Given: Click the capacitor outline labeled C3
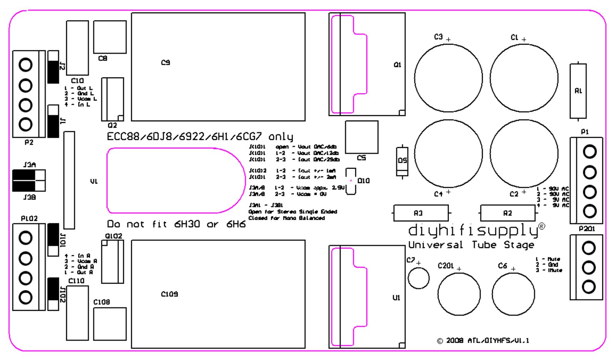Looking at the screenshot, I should (x=449, y=78).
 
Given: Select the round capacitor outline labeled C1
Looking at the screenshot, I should (x=524, y=78).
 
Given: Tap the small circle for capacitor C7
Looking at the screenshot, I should (x=418, y=278).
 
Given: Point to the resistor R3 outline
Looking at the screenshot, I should (x=421, y=213).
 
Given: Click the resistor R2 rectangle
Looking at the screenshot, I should (x=508, y=213).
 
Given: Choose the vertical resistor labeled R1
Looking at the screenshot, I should (x=578, y=91).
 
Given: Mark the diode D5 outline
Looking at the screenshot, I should (x=402, y=161).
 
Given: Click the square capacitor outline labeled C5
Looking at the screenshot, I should (x=362, y=137).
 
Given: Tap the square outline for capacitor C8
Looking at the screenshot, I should (x=110, y=37).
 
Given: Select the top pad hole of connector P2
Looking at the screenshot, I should (x=26, y=65).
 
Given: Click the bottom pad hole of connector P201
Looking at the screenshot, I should (x=589, y=286).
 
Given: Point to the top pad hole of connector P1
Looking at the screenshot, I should (x=589, y=152).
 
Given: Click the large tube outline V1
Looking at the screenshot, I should (x=176, y=181).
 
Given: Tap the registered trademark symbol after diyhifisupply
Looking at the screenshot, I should (x=542, y=226).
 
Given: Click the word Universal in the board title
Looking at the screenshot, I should (x=435, y=245).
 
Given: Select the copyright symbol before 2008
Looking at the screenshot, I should (x=440, y=341).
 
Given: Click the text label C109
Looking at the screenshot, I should (x=169, y=294).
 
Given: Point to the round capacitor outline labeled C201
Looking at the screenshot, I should (x=459, y=294).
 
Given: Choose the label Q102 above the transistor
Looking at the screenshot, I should (x=114, y=236).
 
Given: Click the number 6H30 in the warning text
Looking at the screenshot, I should (x=187, y=224).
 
